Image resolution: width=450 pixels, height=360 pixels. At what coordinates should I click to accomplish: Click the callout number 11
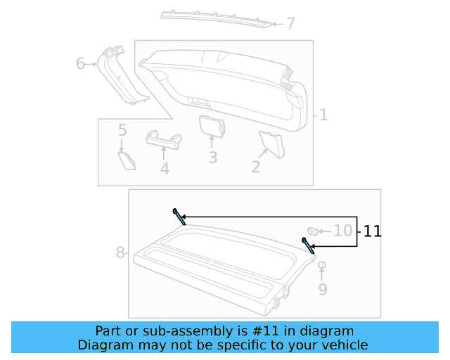click(372, 231)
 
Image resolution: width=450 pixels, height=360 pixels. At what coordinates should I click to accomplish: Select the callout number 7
click(290, 24)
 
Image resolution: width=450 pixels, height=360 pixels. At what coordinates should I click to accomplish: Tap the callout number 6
click(81, 65)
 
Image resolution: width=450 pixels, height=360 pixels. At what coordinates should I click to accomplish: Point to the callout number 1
click(323, 115)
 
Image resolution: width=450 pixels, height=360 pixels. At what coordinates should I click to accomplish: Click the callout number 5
click(122, 130)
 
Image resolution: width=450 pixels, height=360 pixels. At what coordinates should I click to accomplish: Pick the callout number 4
click(165, 169)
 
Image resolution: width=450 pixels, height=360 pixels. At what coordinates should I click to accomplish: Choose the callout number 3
click(212, 157)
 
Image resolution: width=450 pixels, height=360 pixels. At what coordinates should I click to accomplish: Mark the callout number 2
click(256, 167)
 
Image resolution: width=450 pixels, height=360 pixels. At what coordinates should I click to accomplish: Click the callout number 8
click(120, 252)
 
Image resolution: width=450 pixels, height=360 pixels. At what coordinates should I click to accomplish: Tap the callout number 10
click(342, 231)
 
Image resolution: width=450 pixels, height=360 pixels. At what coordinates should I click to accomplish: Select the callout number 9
click(323, 289)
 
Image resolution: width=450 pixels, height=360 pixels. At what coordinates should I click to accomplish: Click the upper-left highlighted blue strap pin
click(179, 217)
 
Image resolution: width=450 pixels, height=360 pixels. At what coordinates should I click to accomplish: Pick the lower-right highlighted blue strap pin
click(308, 245)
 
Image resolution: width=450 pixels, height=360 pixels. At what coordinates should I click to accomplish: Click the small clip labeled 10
click(313, 230)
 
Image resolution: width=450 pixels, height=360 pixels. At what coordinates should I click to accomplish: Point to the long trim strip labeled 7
click(214, 18)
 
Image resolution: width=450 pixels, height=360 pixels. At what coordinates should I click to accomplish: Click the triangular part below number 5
click(127, 159)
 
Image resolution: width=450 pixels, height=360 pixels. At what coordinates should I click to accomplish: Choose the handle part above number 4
click(163, 139)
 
